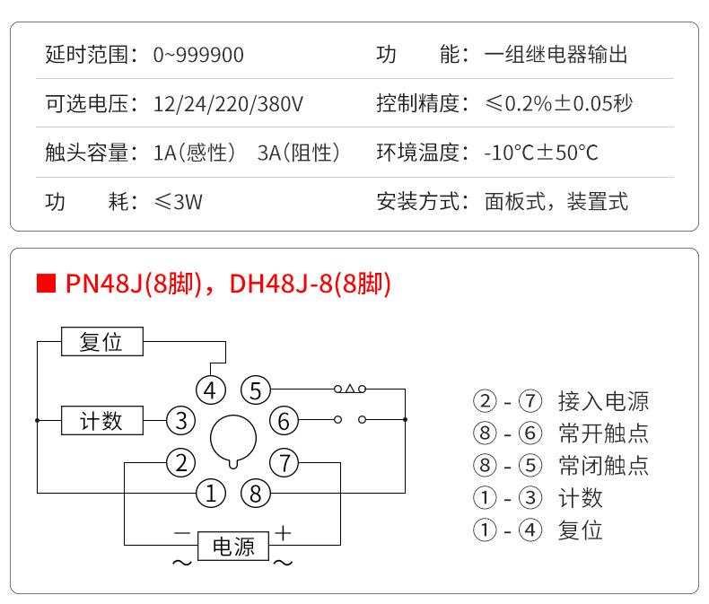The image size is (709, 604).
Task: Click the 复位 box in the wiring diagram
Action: [101, 342]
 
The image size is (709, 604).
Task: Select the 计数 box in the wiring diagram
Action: [101, 420]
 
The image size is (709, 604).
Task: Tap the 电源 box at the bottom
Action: [232, 545]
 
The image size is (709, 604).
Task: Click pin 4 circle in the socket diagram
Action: [210, 390]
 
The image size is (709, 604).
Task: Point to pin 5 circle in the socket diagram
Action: [256, 390]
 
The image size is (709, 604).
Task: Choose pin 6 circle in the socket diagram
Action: [284, 420]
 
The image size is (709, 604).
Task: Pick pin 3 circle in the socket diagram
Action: [181, 420]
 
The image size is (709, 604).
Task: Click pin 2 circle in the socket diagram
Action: [181, 463]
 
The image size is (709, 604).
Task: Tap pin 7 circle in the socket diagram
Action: [284, 463]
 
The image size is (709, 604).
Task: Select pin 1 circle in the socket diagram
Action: [210, 492]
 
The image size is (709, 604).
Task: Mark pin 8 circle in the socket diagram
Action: [256, 492]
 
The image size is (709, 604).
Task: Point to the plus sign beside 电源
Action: [284, 532]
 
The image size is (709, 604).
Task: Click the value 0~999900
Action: [198, 55]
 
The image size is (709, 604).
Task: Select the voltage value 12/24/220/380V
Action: [229, 103]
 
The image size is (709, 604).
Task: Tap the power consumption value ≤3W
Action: [179, 200]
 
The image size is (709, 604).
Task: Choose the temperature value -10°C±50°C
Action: [541, 152]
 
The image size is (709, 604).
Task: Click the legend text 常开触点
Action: [603, 433]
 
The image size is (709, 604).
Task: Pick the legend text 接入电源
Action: [603, 401]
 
